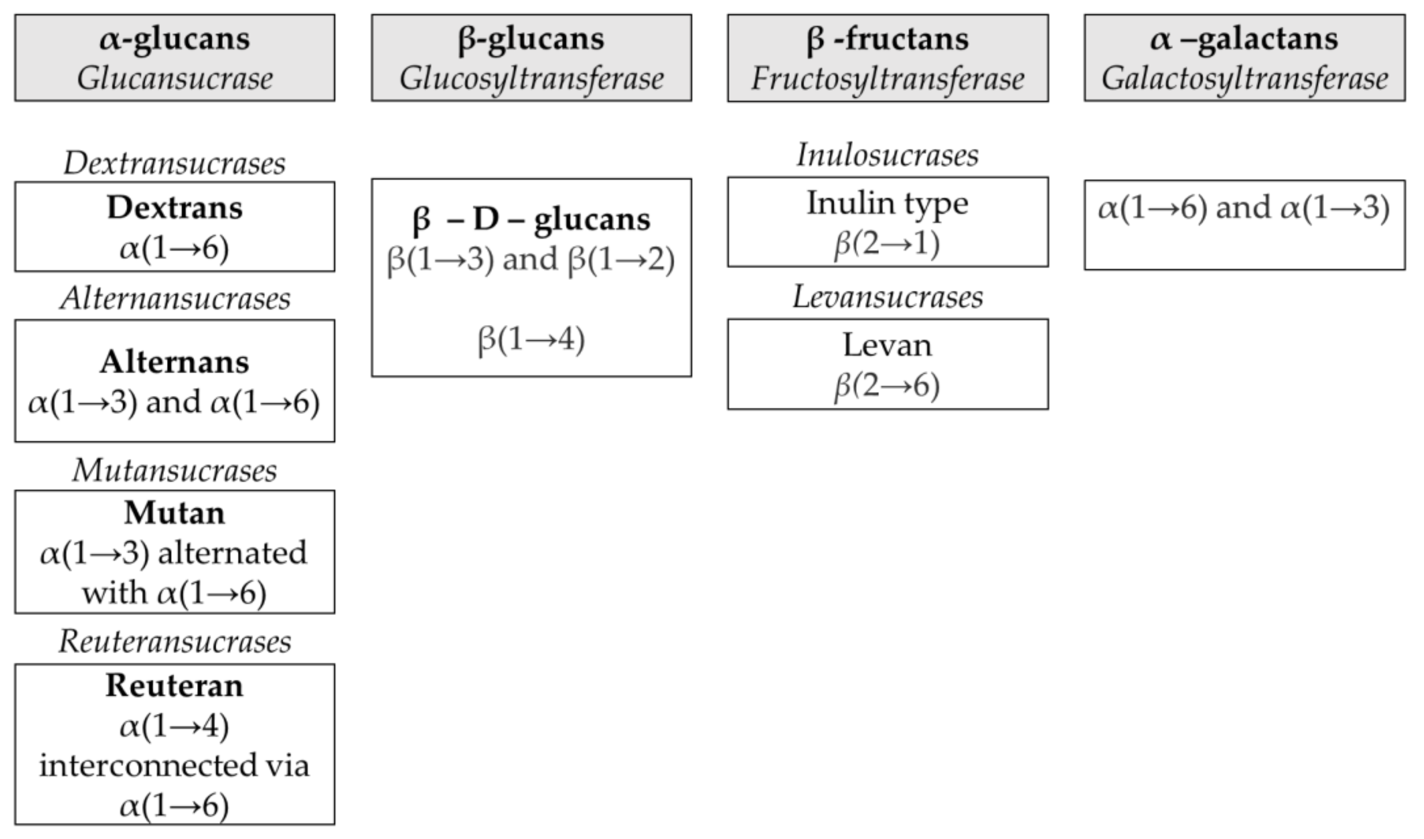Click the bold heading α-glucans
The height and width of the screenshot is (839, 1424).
pyautogui.click(x=174, y=39)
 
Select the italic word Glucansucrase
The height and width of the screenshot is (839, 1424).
pyautogui.click(x=174, y=79)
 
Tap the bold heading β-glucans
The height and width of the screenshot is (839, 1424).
pyautogui.click(x=531, y=39)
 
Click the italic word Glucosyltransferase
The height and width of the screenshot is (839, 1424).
pyautogui.click(x=531, y=79)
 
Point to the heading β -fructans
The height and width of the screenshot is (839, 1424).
pyautogui.click(x=887, y=39)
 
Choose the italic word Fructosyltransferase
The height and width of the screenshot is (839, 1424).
pyautogui.click(x=887, y=79)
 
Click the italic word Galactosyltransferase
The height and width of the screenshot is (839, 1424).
pyautogui.click(x=1244, y=79)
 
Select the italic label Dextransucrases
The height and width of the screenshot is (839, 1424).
pyautogui.click(x=174, y=164)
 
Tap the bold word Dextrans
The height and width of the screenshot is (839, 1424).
pyautogui.click(x=174, y=207)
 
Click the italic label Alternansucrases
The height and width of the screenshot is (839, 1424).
pyautogui.click(x=174, y=298)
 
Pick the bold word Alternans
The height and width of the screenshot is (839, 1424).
pyautogui.click(x=174, y=362)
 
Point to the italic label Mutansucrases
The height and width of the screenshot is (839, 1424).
pyautogui.click(x=174, y=470)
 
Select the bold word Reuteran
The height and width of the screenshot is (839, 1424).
pyautogui.click(x=174, y=686)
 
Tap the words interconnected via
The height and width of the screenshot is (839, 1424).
pyautogui.click(x=174, y=766)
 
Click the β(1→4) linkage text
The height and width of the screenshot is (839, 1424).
pyautogui.click(x=531, y=340)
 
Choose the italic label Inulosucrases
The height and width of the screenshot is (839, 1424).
pyautogui.click(x=887, y=155)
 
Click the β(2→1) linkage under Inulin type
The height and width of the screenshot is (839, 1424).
pyautogui.click(x=887, y=244)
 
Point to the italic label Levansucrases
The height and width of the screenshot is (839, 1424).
pyautogui.click(x=887, y=297)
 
